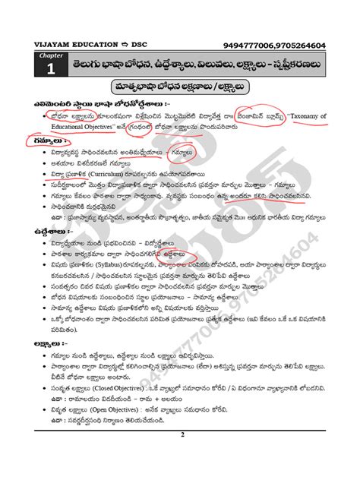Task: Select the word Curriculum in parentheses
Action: (x=102, y=173)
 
